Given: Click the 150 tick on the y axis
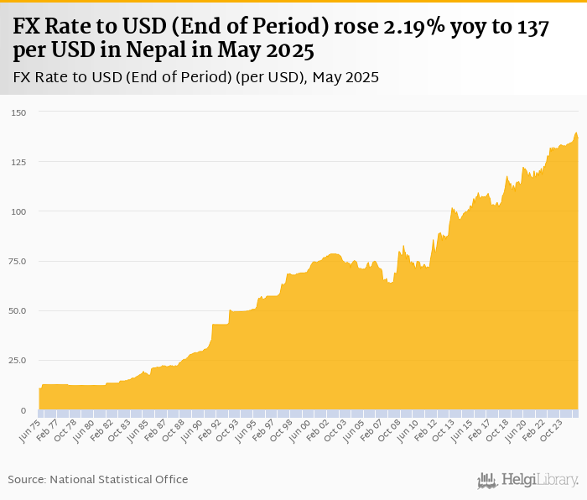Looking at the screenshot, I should (x=18, y=112).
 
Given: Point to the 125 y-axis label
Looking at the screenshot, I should (x=18, y=162).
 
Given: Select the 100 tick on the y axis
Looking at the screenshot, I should (x=18, y=211).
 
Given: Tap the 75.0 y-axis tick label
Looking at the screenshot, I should (x=18, y=262).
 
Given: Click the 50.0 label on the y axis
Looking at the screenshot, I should (x=18, y=311).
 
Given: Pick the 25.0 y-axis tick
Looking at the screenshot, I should (x=18, y=361).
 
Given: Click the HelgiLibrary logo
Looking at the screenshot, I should (x=528, y=480).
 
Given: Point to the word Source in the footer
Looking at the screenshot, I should (x=27, y=480).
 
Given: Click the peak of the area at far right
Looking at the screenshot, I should (x=576, y=133).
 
